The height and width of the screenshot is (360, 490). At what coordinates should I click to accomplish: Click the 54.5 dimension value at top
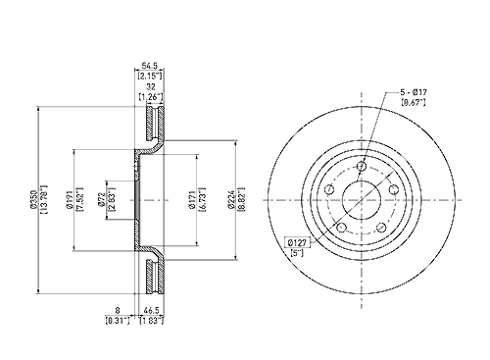149,66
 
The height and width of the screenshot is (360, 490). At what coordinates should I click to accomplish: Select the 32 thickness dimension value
151,87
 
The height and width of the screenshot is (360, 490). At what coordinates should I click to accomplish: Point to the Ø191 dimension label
69,199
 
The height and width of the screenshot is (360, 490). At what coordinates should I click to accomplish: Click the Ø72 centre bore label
101,199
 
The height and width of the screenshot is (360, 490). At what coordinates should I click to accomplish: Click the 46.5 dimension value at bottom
152,309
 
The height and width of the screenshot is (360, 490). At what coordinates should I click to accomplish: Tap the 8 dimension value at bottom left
118,309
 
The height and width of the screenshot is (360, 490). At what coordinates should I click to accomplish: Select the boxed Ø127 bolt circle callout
297,242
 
